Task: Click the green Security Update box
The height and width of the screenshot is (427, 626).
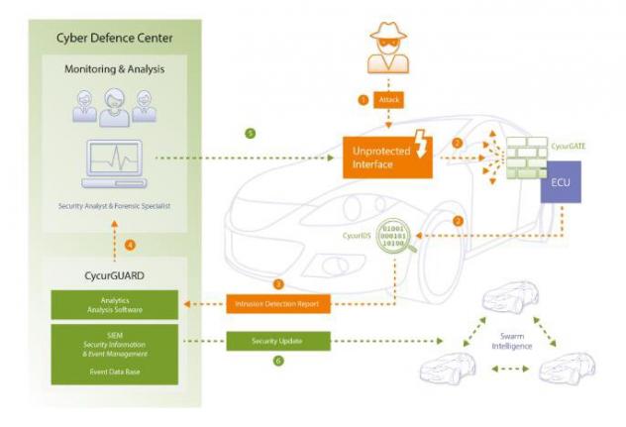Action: pyautogui.click(x=276, y=341)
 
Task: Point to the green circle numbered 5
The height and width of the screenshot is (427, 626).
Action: pyautogui.click(x=251, y=132)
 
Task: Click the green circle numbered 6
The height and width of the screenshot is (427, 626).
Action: pyautogui.click(x=277, y=362)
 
